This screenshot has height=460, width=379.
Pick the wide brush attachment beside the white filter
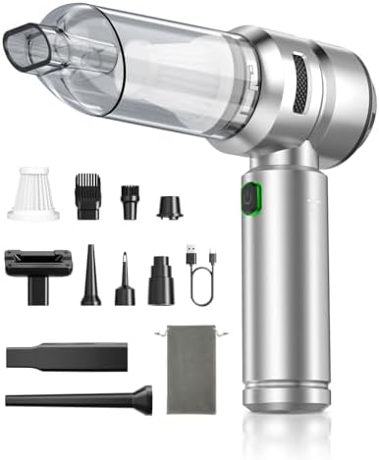(86, 191)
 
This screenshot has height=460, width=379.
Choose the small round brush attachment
(127, 193)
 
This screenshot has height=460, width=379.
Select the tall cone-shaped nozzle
(90, 278)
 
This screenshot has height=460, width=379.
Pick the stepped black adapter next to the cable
(160, 278)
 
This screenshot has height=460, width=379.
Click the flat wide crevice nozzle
(65, 353)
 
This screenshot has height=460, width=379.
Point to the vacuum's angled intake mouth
(32, 49)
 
